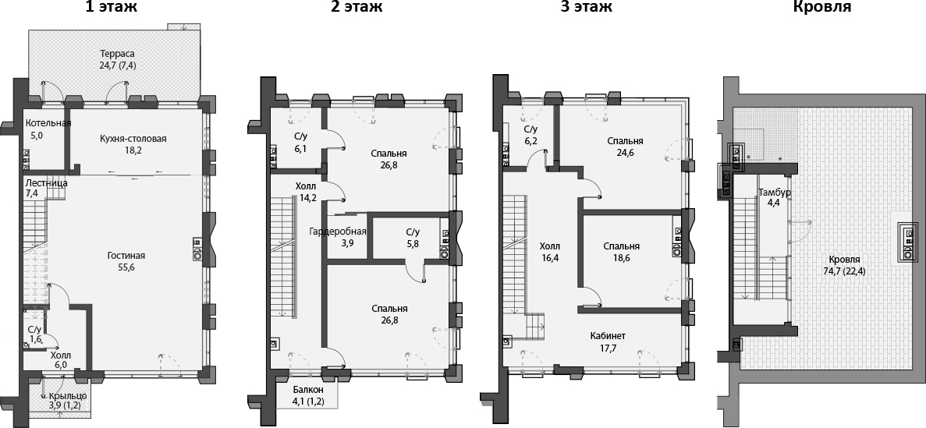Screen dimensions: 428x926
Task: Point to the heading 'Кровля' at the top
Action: (821, 8)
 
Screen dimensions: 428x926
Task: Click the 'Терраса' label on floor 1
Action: (117, 54)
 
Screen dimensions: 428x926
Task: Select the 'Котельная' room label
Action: (48, 123)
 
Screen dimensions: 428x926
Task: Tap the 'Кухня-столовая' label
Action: (133, 139)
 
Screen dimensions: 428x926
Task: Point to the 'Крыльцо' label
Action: (68, 395)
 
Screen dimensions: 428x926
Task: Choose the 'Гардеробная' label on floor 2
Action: (338, 232)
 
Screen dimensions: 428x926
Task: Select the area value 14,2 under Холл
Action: (307, 198)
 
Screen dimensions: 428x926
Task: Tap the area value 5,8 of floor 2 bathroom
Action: (413, 243)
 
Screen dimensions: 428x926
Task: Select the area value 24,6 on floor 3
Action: (625, 153)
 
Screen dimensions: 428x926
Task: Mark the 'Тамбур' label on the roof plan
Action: (775, 192)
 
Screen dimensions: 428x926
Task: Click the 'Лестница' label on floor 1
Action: (46, 182)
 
